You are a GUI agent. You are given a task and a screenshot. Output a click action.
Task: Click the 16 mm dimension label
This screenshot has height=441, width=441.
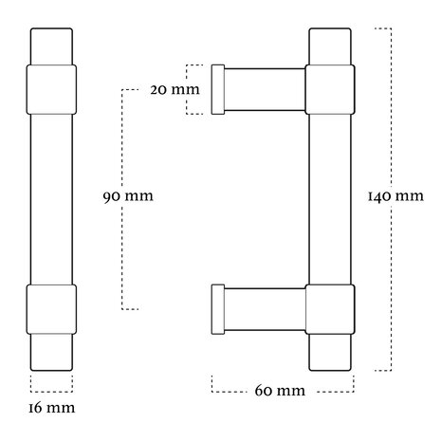(x=52, y=408)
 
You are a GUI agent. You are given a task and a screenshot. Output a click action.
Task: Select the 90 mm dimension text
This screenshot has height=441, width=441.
(x=128, y=196)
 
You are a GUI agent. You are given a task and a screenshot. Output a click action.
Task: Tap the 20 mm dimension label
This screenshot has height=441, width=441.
(x=175, y=90)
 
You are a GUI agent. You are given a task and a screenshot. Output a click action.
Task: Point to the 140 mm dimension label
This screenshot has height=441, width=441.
(x=395, y=196)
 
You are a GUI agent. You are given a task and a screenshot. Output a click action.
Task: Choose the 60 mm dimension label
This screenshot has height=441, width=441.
(x=280, y=391)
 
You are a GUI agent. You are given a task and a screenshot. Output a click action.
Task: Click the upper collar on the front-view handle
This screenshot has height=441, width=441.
(x=51, y=89)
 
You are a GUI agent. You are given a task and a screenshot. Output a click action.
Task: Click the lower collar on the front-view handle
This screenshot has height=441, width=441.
(x=51, y=309)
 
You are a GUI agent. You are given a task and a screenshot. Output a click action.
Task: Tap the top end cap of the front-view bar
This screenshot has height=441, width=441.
(x=51, y=46)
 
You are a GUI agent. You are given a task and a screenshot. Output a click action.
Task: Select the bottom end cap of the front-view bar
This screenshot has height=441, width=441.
(x=51, y=352)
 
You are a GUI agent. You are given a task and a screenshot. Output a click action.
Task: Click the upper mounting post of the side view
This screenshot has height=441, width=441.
(x=265, y=89)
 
